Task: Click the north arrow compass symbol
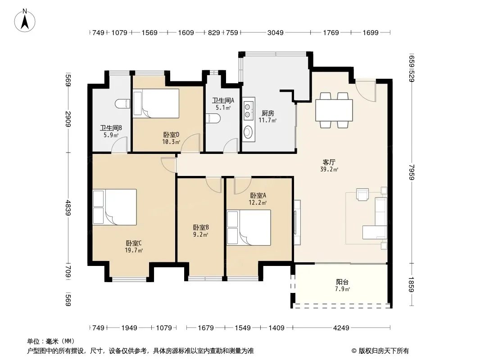pyautogui.click(x=25, y=20)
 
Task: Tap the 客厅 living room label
pyautogui.click(x=329, y=162)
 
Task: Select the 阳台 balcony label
pyautogui.click(x=342, y=282)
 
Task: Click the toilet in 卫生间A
pyautogui.click(x=213, y=118)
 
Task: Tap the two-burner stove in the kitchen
pyautogui.click(x=248, y=111)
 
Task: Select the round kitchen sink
pyautogui.click(x=248, y=132)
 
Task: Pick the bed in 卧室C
pyautogui.click(x=115, y=207)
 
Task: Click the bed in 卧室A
pyautogui.click(x=249, y=228)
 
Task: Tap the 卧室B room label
pyautogui.click(x=201, y=227)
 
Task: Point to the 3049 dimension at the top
pyautogui.click(x=276, y=32)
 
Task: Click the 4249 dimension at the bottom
pyautogui.click(x=341, y=328)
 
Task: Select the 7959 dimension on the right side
pyautogui.click(x=412, y=172)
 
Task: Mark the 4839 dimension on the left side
pyautogui.click(x=68, y=208)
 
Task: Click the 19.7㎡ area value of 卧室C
pyautogui.click(x=134, y=251)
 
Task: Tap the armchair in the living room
pyautogui.click(x=363, y=194)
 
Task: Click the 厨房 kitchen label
pyautogui.click(x=268, y=113)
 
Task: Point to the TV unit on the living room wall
pyautogui.click(x=297, y=222)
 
